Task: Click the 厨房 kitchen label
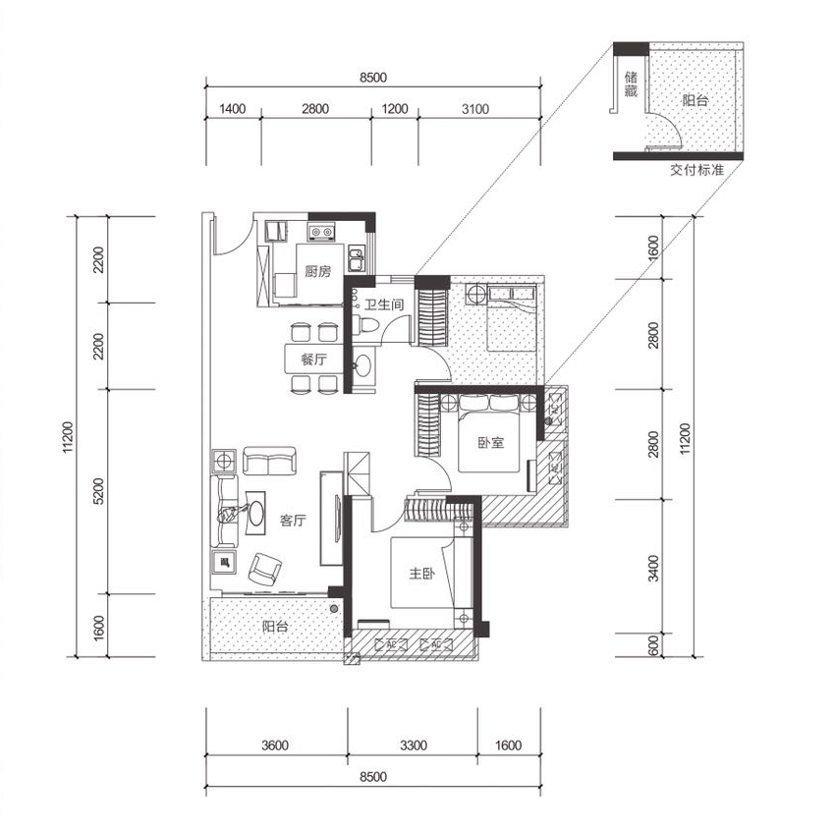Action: pos(317,271)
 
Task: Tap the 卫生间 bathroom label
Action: pos(383,304)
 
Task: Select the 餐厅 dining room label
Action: pos(313,359)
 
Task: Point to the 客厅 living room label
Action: pos(293,520)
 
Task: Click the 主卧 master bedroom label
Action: pos(421,573)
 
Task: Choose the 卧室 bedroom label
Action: pos(490,442)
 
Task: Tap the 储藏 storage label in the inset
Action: pos(631,84)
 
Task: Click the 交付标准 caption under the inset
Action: pos(696,170)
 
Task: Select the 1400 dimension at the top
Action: pos(233,109)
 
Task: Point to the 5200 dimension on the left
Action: pos(99,491)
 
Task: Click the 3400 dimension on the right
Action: pos(653,568)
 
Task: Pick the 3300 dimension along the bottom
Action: pos(414,745)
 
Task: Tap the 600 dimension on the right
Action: pos(653,645)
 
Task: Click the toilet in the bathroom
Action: pos(365,325)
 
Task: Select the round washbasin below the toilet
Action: pos(363,365)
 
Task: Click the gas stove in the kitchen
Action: pos(321,233)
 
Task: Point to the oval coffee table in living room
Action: pos(255,513)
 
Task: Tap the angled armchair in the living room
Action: pos(265,568)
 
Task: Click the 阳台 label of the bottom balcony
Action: pos(275,627)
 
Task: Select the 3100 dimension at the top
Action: pos(475,109)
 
